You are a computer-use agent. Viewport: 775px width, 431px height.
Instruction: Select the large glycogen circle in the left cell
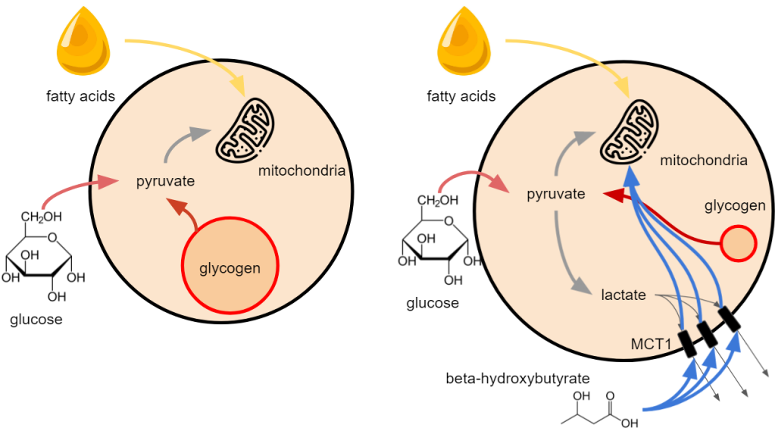coord(230,267)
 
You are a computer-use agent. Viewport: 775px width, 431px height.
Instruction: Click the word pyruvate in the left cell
coord(165,182)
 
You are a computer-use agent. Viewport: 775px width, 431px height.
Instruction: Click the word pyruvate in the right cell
coord(556,194)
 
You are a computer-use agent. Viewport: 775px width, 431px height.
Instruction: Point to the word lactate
coord(623,295)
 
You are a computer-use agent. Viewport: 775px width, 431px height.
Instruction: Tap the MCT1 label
coord(651,343)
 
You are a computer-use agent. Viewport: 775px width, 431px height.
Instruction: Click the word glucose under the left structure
coord(36,320)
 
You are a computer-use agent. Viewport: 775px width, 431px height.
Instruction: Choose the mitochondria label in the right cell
coord(704,161)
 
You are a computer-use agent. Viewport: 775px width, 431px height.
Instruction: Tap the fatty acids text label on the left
coord(80,96)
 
